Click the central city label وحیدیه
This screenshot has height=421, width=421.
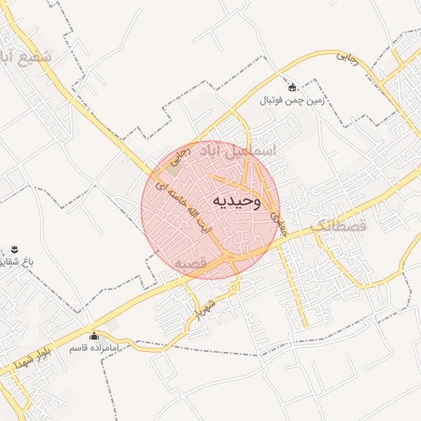click(237, 201)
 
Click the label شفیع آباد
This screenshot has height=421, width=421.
click(26, 58)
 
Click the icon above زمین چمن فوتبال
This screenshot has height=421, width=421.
click(292, 86)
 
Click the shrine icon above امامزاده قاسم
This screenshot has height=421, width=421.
click(93, 335)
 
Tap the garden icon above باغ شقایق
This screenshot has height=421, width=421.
click(14, 248)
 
